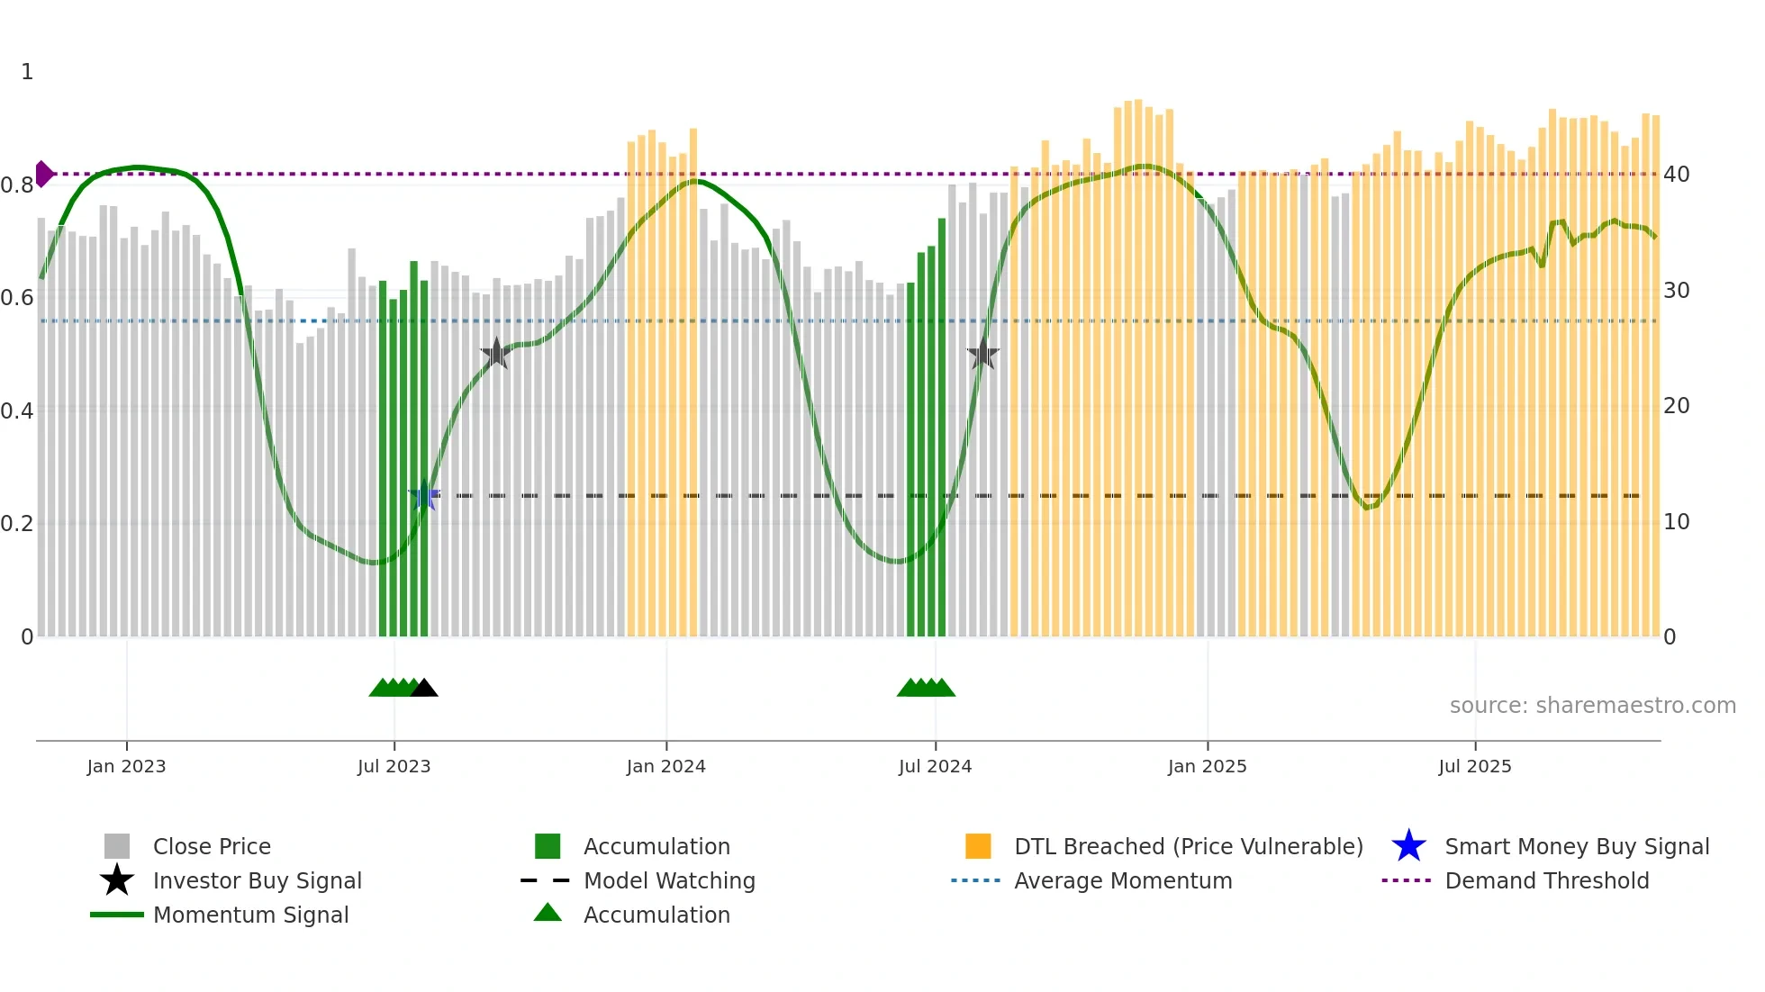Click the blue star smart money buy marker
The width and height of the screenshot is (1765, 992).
(424, 495)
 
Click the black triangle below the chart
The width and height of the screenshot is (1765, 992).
(424, 689)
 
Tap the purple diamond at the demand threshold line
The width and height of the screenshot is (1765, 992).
(43, 174)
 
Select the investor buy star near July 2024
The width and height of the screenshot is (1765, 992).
(983, 355)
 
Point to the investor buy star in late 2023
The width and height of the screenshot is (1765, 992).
(495, 354)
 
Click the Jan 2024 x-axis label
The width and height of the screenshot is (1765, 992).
(665, 766)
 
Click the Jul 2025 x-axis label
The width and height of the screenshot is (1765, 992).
(1474, 766)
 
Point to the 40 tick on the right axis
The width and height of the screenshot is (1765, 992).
(1676, 175)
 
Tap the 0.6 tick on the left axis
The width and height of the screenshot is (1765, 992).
(17, 298)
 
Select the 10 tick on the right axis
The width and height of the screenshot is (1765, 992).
(1676, 522)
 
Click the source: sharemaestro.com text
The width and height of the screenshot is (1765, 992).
(1592, 706)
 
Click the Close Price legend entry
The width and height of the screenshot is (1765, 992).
(211, 847)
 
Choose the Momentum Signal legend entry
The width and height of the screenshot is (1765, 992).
(250, 915)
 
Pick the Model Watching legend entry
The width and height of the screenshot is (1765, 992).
(668, 881)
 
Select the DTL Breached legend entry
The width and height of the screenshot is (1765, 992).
(1188, 847)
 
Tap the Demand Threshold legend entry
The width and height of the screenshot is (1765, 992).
(1546, 881)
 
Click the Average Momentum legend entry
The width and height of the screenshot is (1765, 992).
(1122, 881)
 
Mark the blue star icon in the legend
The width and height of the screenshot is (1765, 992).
(1408, 847)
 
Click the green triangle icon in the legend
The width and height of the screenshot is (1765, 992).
(548, 914)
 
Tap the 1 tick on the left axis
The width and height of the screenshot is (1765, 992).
(27, 72)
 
